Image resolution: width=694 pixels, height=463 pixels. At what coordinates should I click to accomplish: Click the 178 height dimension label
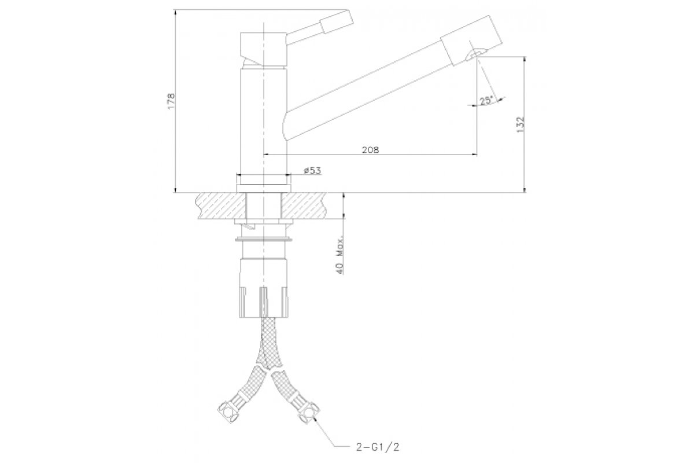coord(171,101)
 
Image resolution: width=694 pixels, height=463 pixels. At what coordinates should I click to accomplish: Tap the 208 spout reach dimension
coord(371,150)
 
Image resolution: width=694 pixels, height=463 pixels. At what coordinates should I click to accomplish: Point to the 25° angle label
coord(486,101)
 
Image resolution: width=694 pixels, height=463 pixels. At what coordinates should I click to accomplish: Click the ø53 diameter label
coord(312,171)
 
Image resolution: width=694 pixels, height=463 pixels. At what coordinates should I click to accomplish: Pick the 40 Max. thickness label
coord(340,256)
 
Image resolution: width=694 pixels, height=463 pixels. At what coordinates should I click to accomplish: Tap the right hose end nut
coord(309,412)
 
